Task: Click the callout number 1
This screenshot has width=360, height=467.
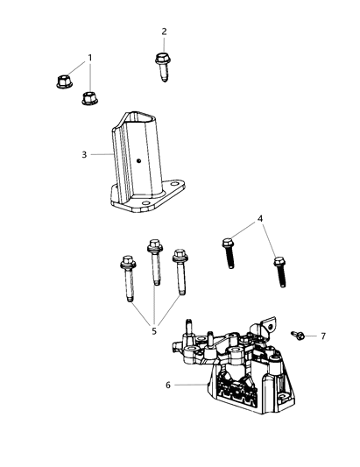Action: click(x=88, y=59)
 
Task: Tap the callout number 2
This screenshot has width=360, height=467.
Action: click(x=164, y=32)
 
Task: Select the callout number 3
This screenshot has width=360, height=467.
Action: click(x=84, y=155)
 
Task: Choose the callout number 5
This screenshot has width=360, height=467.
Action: click(x=154, y=331)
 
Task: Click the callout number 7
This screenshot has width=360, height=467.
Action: click(x=322, y=336)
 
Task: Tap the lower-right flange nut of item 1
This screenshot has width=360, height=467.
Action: click(x=89, y=96)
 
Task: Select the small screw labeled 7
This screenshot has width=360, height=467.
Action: click(x=298, y=335)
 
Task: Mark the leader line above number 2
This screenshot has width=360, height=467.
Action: click(x=164, y=45)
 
